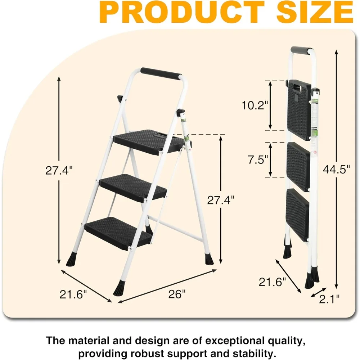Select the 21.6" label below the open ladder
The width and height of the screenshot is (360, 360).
coord(73,294)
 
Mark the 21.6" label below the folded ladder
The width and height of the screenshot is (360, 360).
coord(273,282)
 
